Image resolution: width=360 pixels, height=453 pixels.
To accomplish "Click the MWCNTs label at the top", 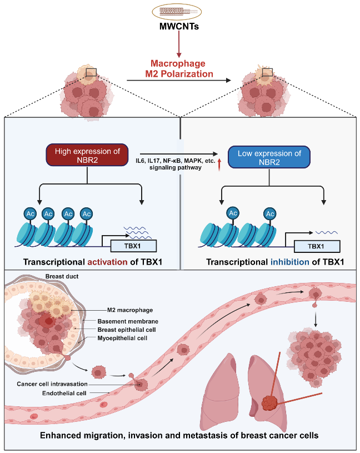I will pos(179,26).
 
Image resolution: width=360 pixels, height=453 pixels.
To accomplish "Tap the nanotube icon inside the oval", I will pos(179,11).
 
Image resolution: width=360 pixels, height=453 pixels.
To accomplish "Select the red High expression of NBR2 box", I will pos(87,156).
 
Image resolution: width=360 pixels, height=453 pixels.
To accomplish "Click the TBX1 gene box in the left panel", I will pos(134,245).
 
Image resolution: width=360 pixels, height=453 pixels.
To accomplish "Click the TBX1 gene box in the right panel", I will pos(317,245).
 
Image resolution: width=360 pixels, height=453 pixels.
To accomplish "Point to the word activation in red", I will pos(118,262).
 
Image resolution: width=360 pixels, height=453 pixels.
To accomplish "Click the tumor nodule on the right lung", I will pos(269,403).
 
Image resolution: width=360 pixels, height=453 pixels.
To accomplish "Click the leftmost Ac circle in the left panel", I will pos(29,213).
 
